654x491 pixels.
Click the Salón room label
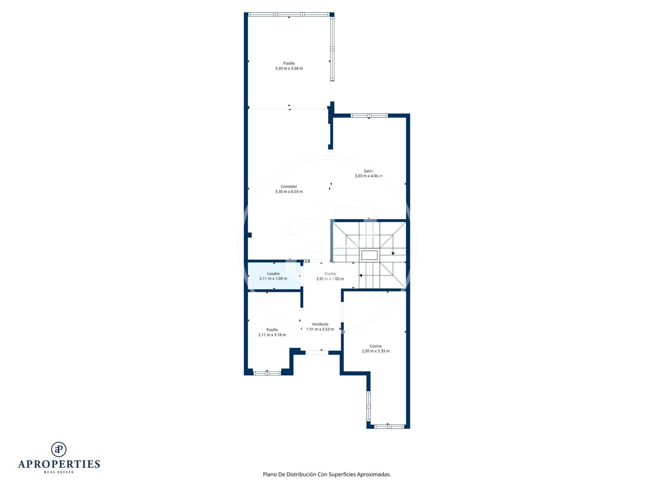click(x=368, y=171)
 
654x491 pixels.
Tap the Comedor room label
click(x=289, y=186)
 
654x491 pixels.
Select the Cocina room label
click(x=376, y=346)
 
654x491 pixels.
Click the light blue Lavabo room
click(x=274, y=276)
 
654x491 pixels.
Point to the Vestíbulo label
click(x=320, y=324)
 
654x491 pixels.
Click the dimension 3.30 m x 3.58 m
click(x=289, y=68)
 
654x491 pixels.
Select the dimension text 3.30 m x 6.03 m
click(x=289, y=191)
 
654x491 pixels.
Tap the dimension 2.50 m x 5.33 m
click(x=376, y=351)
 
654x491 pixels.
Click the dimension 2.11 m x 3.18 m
click(x=272, y=335)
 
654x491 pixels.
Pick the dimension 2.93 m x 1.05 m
click(x=330, y=279)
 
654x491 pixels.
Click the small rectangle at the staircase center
click(x=369, y=255)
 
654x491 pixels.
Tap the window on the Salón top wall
click(x=369, y=116)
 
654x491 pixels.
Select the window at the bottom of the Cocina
click(x=389, y=426)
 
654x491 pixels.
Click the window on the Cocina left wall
click(x=368, y=406)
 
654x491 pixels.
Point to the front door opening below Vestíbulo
click(x=317, y=353)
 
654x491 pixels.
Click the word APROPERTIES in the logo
click(x=59, y=464)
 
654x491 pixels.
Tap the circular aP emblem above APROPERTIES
click(x=59, y=449)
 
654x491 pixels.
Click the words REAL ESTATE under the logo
click(x=59, y=472)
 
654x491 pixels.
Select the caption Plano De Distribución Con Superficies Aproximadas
click(x=327, y=474)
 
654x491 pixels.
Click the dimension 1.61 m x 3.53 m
click(x=320, y=329)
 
